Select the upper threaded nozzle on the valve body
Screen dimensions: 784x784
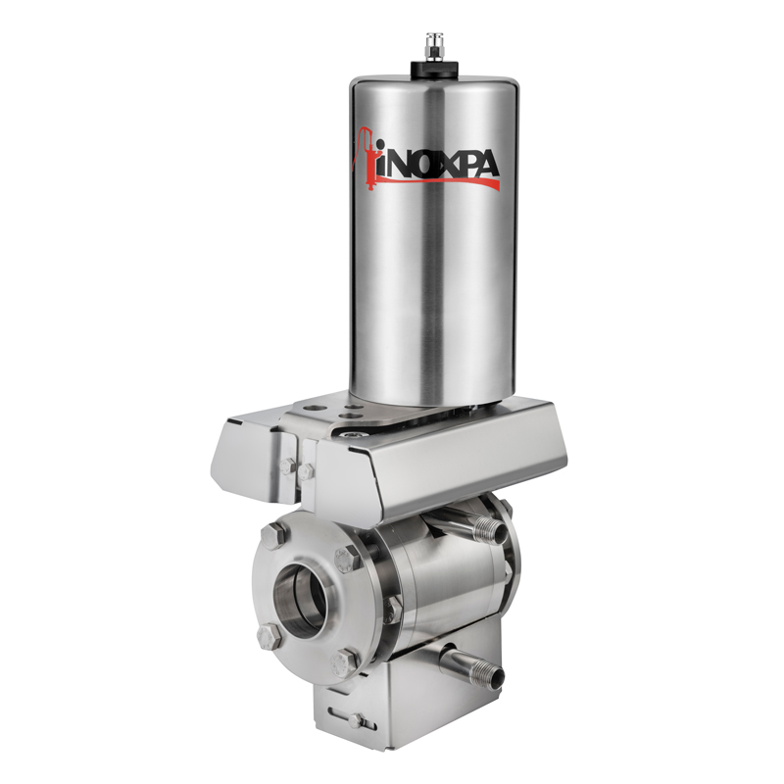click(490, 529)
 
